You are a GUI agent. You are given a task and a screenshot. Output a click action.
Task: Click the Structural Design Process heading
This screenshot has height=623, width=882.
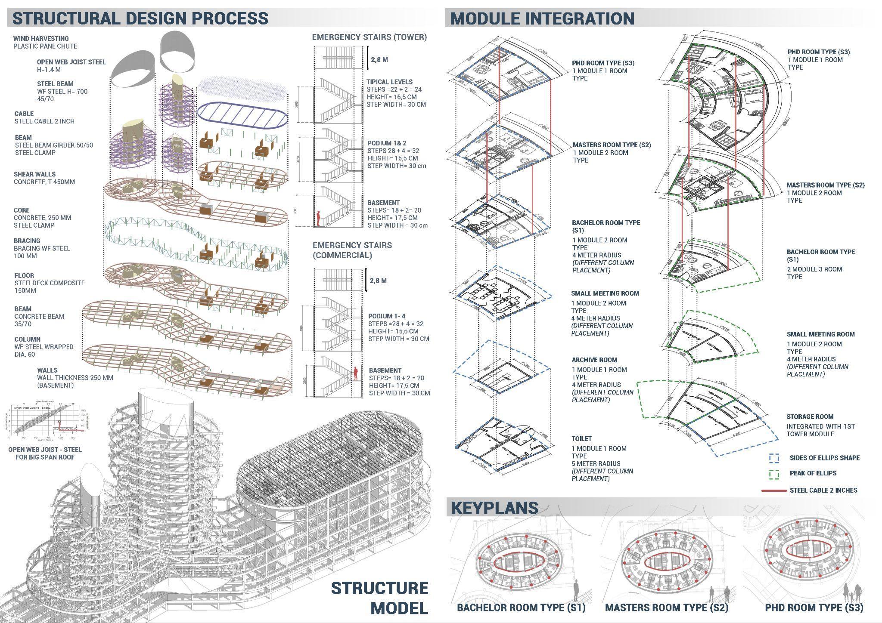140,18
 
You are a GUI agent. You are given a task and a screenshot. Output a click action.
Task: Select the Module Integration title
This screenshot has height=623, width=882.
542,19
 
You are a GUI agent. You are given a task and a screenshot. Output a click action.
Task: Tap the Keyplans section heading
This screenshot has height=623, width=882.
494,508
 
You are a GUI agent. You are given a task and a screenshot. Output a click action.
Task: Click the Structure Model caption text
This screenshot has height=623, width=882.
379,598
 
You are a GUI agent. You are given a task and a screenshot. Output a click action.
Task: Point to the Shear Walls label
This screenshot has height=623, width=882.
34,174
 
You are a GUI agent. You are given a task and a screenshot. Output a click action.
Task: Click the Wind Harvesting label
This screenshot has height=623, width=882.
41,39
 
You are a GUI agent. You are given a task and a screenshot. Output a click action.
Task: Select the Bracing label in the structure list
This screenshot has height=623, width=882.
27,241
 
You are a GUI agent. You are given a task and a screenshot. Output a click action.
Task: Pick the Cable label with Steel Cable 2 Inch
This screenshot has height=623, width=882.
24,114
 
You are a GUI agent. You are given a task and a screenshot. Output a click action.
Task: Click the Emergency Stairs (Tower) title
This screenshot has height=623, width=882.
370,37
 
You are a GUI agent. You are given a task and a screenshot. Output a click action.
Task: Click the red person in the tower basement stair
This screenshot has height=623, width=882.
319,218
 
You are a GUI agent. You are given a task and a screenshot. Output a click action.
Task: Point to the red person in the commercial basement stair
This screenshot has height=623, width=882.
356,373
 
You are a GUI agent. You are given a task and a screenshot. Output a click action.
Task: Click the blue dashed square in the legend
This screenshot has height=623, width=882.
774,458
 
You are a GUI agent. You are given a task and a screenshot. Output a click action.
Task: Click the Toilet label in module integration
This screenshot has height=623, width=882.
581,439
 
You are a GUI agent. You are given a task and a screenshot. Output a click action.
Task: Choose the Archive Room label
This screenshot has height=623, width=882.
594,360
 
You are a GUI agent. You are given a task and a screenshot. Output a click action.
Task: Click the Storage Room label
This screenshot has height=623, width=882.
810,417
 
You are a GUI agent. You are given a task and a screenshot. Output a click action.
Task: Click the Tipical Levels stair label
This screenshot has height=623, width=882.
389,82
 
